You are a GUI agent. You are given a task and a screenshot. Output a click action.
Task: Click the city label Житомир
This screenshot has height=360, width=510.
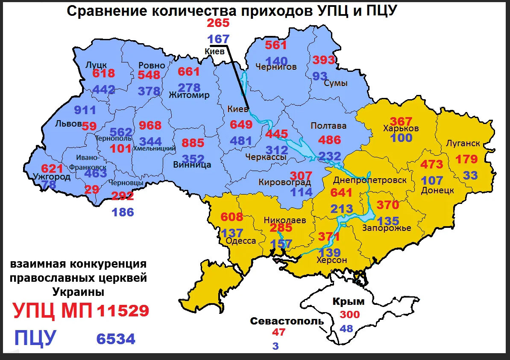(x=189, y=95)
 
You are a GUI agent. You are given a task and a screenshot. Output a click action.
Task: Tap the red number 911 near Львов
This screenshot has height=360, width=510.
(x=85, y=110)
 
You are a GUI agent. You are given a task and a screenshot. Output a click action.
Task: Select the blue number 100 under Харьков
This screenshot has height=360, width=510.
(x=401, y=138)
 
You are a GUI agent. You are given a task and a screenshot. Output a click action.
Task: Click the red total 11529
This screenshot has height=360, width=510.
(x=123, y=311)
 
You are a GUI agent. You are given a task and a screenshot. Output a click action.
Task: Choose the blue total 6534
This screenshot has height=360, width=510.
(x=116, y=339)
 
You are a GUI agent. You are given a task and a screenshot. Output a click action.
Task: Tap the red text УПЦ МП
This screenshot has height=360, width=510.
(x=53, y=311)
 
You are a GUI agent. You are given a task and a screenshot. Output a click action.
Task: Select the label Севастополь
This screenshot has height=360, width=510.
(x=287, y=321)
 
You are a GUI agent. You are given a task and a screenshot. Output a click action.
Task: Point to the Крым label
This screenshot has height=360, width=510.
(x=349, y=302)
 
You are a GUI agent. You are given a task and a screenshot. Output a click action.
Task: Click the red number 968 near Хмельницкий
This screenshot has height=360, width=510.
(x=150, y=126)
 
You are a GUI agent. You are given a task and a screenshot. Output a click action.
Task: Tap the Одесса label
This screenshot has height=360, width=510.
(x=240, y=241)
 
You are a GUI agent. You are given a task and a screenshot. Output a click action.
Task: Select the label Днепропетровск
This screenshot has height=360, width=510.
(x=370, y=180)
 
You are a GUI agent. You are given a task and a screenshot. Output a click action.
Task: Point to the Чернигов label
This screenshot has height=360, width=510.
(x=276, y=67)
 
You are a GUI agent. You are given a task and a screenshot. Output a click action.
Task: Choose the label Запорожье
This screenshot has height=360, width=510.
(x=387, y=228)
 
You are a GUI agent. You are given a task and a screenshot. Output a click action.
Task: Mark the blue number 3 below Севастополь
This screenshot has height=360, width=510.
(x=276, y=346)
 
